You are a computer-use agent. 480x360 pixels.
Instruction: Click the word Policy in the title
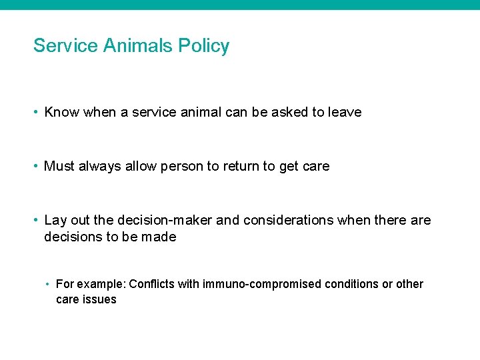pos(203,46)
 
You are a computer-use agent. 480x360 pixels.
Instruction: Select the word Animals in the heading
pos(141,46)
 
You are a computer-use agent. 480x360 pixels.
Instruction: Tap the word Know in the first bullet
pos(61,113)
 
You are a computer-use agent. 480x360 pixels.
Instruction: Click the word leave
pos(345,113)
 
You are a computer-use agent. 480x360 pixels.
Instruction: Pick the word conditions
pos(351,284)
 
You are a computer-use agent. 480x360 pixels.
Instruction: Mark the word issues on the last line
pos(99,299)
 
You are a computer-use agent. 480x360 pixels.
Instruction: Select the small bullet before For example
pos(49,285)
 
